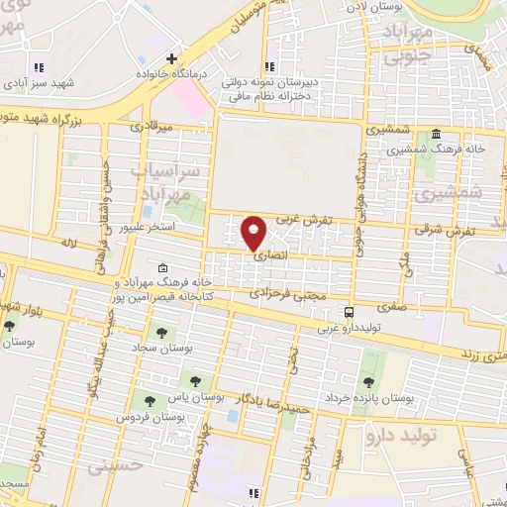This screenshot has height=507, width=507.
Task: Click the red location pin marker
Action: (253, 231)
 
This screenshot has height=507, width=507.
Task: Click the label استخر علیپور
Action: (147, 227)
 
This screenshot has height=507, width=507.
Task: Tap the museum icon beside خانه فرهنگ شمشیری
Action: (436, 134)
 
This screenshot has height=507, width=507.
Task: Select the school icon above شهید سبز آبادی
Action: (40, 67)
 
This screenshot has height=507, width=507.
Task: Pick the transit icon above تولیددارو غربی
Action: (334, 312)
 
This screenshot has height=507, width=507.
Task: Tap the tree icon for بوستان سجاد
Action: (158, 334)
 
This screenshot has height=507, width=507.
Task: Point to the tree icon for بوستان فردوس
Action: (150, 401)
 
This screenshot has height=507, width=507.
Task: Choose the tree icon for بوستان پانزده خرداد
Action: (368, 382)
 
